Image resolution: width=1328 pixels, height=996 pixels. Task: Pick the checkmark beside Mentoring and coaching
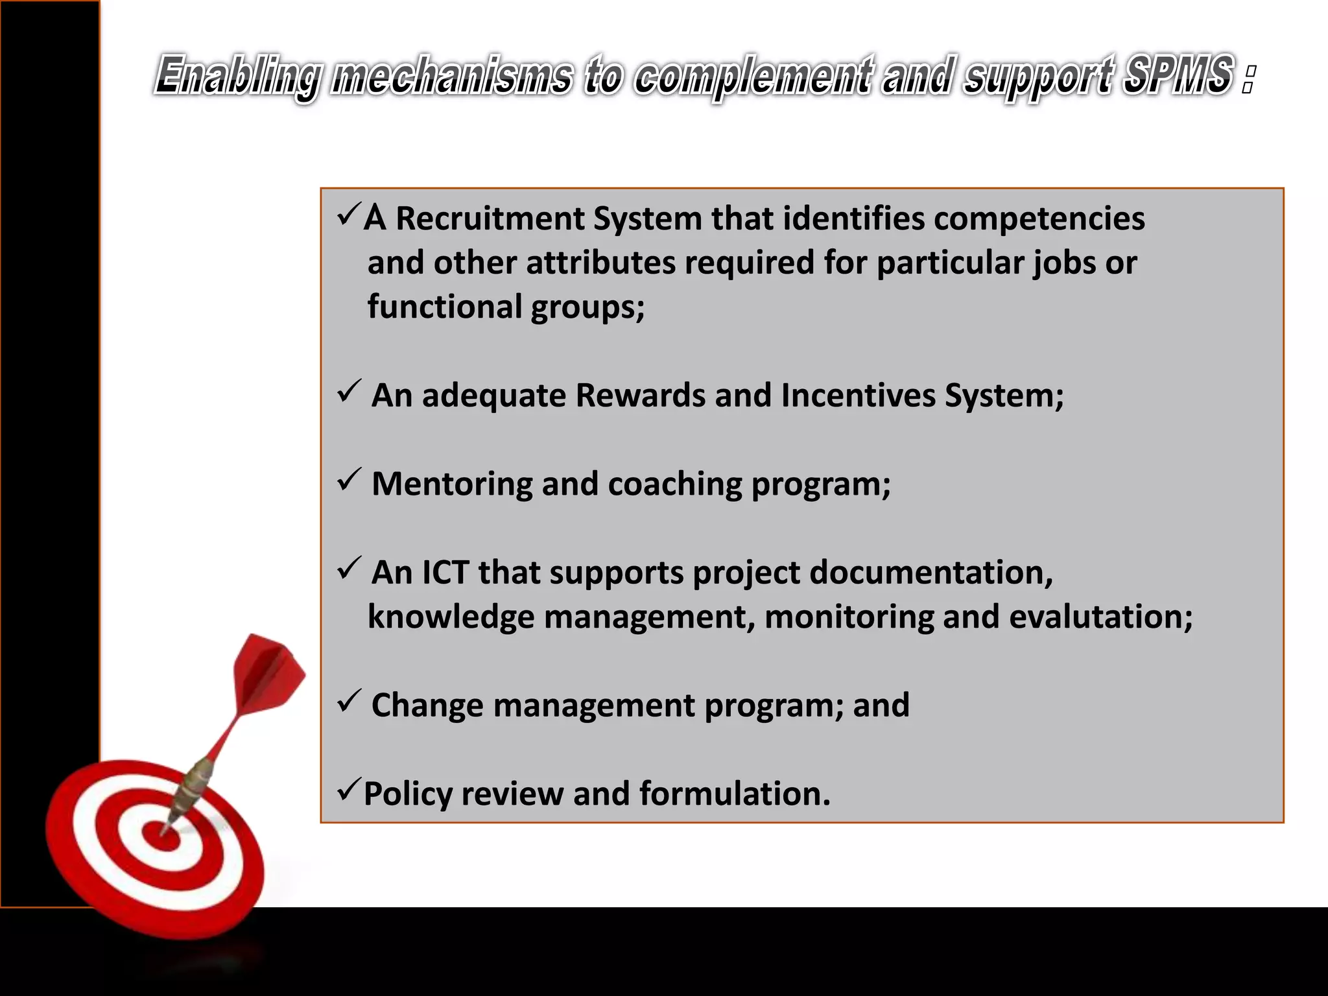pos(349,480)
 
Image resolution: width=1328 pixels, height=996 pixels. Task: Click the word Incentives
pos(858,395)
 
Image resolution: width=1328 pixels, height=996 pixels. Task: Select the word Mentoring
pos(452,484)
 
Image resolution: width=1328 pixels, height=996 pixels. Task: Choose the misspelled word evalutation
pos(1100,617)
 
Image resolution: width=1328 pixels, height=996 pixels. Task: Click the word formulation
pos(734,794)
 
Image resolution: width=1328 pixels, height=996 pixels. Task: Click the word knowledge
pos(451,617)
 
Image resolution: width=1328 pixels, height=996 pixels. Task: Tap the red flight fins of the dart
pos(269,674)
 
